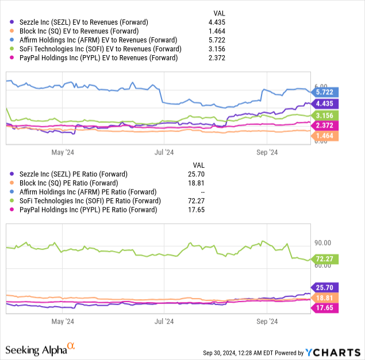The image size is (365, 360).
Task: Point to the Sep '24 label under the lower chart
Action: (267, 322)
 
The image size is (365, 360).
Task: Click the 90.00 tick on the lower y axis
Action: (323, 243)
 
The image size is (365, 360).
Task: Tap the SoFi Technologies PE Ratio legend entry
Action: (83, 201)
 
